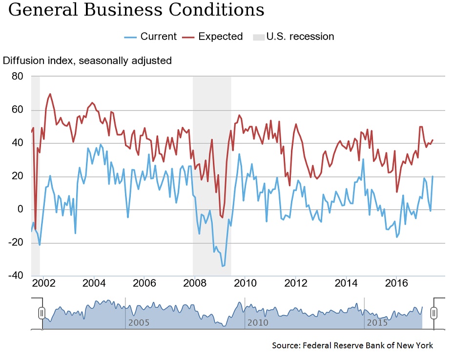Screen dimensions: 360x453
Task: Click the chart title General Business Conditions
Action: coord(136,10)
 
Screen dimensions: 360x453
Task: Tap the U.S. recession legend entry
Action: coord(293,37)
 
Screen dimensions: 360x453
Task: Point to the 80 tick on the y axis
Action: coord(17,76)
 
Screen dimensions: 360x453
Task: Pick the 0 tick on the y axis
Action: coord(20,210)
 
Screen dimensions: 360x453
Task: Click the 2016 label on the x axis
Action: coord(396,283)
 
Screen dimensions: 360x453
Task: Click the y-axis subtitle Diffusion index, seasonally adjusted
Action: coord(87,61)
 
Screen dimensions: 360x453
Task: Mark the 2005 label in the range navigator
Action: coord(138,323)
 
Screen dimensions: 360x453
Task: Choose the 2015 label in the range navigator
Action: coord(377,323)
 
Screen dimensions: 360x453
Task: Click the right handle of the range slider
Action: coord(433,313)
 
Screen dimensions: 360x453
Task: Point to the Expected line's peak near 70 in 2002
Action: coord(50,94)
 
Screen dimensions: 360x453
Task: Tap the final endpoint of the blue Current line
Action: coord(432,177)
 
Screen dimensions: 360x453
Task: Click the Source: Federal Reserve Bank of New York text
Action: coord(352,345)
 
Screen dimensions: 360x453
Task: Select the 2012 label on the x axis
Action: coord(295,283)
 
